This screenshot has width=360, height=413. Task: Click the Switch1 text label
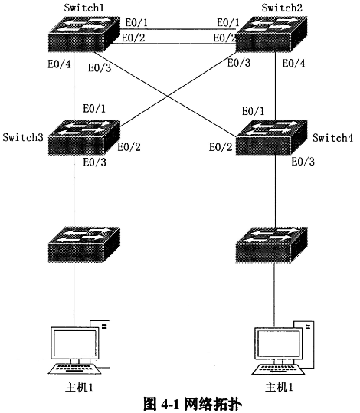point(83,8)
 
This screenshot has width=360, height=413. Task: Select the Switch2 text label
point(282,8)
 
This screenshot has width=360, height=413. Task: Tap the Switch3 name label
point(23,137)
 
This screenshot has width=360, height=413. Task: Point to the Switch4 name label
point(333,138)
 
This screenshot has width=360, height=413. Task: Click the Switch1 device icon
point(84,34)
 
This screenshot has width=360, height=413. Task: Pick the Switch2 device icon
point(271,34)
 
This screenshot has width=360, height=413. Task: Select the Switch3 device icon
point(84,137)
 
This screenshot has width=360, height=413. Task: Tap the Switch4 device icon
point(271,137)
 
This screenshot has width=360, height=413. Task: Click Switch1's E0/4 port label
point(59,64)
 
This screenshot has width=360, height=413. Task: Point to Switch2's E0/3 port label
point(239,63)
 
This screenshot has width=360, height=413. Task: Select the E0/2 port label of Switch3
point(129,146)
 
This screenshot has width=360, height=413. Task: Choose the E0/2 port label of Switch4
point(221,147)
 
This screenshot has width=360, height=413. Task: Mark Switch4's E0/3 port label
point(303,162)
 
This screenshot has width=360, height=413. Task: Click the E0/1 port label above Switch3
point(94,108)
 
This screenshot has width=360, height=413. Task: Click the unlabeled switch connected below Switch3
point(84,244)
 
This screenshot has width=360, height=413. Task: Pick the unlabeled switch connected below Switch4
point(271,244)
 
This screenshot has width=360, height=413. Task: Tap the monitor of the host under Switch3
point(74,343)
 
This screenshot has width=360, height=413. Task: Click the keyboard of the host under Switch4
point(278,369)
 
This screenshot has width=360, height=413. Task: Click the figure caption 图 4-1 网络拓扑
point(192,403)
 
